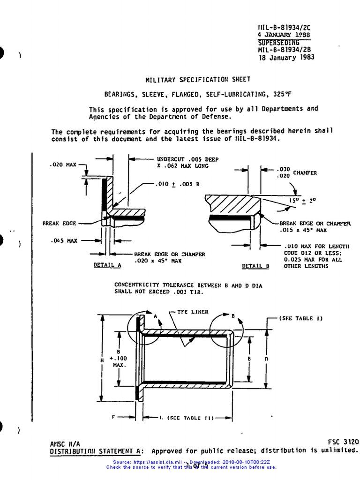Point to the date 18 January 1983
point(286,58)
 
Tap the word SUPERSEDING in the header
point(278,43)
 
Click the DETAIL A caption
point(107,264)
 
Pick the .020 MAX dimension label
point(62,165)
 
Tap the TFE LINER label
point(193,311)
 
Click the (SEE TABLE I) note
point(301,318)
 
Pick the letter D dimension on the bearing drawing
point(266,359)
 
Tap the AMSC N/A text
point(65,443)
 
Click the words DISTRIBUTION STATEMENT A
point(97,451)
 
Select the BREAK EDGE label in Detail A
point(59,224)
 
